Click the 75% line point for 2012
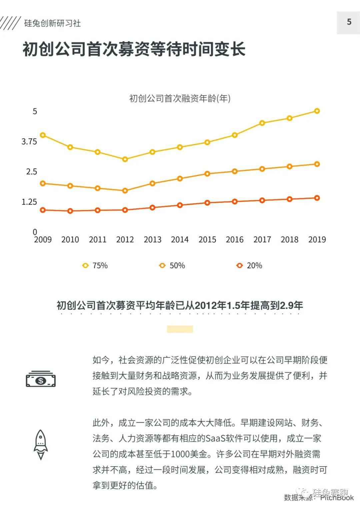coord(125,159)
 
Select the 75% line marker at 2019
coord(317,111)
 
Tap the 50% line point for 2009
coord(43,183)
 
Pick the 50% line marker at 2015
coord(207,174)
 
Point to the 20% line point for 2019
coord(317,198)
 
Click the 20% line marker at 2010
coord(70,211)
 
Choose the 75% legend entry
coord(95,266)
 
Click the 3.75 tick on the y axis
coord(29,142)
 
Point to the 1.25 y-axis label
coord(29,202)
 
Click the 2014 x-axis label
coord(180,240)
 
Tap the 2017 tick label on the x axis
coord(262,240)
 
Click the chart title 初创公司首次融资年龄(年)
coord(180,99)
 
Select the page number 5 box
coord(348,22)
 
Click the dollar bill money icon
coord(41,379)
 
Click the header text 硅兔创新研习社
coord(53,23)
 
